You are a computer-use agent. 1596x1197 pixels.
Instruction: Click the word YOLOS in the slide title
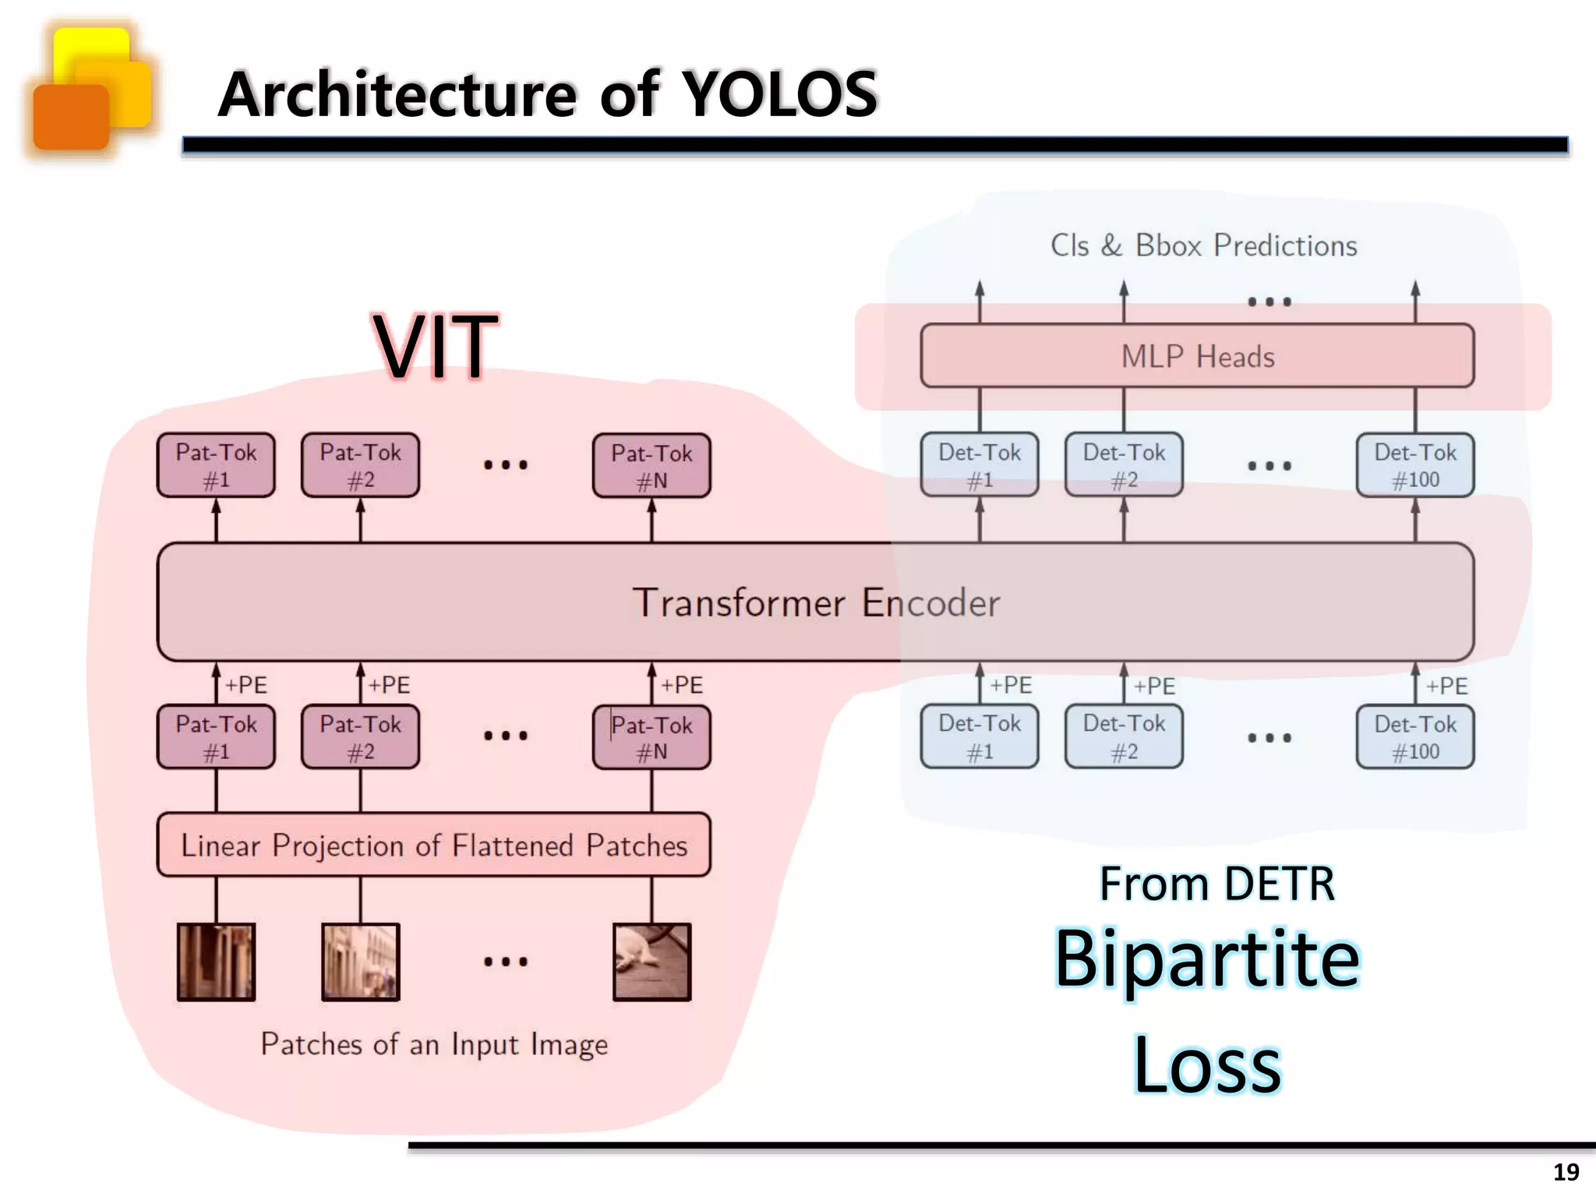(779, 94)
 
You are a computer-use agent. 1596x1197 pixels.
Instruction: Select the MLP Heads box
(1197, 356)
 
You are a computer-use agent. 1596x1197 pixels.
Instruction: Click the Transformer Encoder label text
(815, 602)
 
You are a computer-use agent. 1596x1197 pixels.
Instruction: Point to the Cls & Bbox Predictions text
(1203, 245)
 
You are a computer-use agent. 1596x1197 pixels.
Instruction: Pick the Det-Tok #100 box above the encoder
(1414, 465)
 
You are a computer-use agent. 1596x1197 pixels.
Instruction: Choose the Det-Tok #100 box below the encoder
(1414, 737)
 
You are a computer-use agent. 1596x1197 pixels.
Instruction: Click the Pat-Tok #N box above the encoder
(651, 466)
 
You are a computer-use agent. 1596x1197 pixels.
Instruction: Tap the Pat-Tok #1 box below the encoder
(216, 737)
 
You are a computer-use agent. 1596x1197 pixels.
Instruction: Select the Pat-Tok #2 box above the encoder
(360, 465)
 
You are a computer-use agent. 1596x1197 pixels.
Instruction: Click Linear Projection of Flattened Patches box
(433, 846)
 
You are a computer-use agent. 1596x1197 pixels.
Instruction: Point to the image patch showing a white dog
(651, 962)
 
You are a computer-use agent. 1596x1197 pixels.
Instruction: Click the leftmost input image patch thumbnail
(216, 962)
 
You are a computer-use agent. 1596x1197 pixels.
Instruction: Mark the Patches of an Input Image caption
(433, 1044)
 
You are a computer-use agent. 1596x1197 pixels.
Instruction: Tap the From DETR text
(1216, 884)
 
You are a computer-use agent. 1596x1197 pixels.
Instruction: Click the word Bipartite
(1206, 959)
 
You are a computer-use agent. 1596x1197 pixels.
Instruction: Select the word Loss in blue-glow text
(1206, 1065)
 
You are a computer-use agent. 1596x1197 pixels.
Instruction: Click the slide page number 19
(1566, 1172)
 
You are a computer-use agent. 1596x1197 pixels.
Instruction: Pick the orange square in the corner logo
(71, 117)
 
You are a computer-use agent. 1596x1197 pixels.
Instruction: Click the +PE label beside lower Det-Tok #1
(1010, 685)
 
